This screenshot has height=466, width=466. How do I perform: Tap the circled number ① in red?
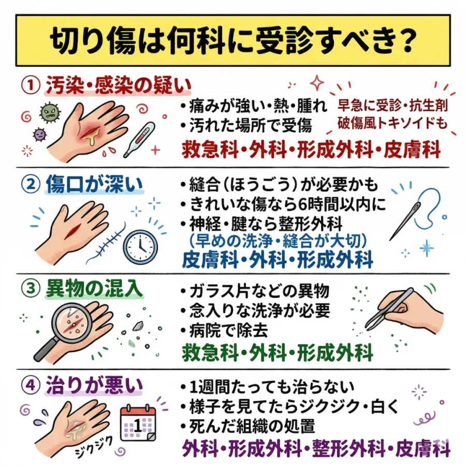pos(31,85)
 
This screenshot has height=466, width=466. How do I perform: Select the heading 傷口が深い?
pos(94,184)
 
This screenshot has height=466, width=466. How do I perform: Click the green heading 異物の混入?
pos(94,289)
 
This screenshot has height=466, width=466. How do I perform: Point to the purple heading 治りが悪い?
pos(94,386)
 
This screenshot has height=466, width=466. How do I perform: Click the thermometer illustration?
pos(139,139)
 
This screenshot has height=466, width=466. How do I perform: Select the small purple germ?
pos(39,135)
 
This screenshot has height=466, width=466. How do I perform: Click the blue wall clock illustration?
pos(140,247)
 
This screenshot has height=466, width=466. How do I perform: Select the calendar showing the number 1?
pos(138,423)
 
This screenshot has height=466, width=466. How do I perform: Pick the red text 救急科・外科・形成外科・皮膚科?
pos(311,150)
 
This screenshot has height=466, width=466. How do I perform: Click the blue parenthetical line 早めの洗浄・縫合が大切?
pos(278,241)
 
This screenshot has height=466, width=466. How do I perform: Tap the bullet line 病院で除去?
pos(224,330)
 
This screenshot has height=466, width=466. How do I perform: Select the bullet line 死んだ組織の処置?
pos(248,426)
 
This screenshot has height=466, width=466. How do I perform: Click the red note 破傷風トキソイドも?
pos(392,123)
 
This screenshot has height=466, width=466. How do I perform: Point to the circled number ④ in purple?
pos(31,385)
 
